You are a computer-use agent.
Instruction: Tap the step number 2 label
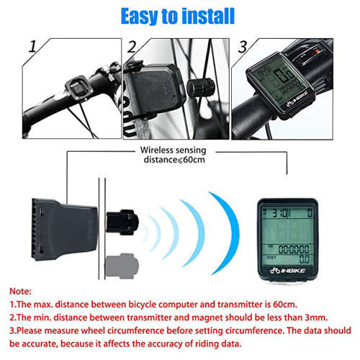(x=131, y=48)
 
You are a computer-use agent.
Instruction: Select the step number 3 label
(x=243, y=48)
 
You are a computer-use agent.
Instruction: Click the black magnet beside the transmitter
(x=124, y=224)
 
